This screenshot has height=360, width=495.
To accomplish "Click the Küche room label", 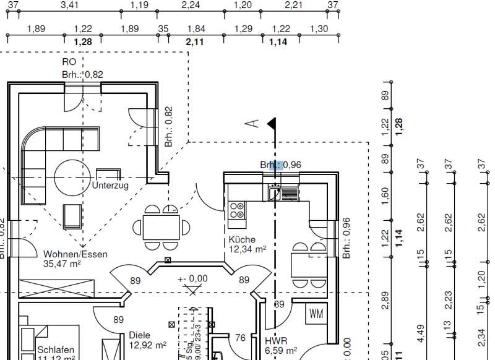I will pos(242,239).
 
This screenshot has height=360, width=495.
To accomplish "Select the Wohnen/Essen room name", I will pos(75,254).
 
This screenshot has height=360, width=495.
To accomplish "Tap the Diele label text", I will pos(140,335).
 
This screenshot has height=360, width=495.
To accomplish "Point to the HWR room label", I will pos(276,341).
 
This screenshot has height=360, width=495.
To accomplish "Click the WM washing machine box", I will pos(316,314).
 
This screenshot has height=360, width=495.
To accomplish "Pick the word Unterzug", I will pos(110,185).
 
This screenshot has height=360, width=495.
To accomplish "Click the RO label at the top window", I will pos(69,62).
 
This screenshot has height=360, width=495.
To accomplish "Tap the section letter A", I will pos(251,124).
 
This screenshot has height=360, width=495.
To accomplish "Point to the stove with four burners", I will pos(236,210).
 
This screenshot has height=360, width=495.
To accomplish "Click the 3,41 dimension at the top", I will pos(69,5).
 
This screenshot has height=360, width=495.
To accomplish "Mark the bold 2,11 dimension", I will pos(194,41).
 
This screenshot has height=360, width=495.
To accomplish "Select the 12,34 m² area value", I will pos(247,249).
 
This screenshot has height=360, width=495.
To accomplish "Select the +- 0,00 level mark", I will pos(193,279).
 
